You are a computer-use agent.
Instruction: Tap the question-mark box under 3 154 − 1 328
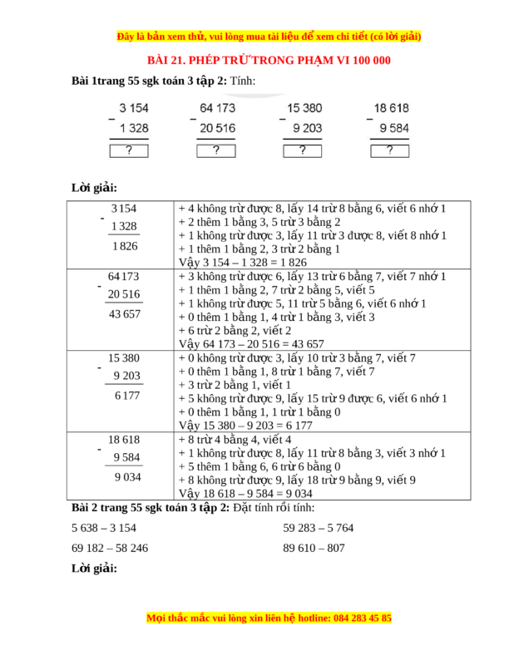click(x=128, y=150)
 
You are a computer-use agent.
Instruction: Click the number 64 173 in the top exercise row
click(x=217, y=108)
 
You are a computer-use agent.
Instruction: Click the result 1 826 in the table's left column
click(x=123, y=247)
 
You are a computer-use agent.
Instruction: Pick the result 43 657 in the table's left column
click(x=124, y=313)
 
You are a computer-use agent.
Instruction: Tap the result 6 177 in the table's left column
click(x=127, y=395)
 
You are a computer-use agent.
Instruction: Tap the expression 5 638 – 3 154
click(x=104, y=527)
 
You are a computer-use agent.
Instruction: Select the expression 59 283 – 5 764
click(x=319, y=527)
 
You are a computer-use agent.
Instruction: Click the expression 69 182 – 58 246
click(x=110, y=548)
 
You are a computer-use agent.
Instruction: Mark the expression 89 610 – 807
click(x=314, y=548)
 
